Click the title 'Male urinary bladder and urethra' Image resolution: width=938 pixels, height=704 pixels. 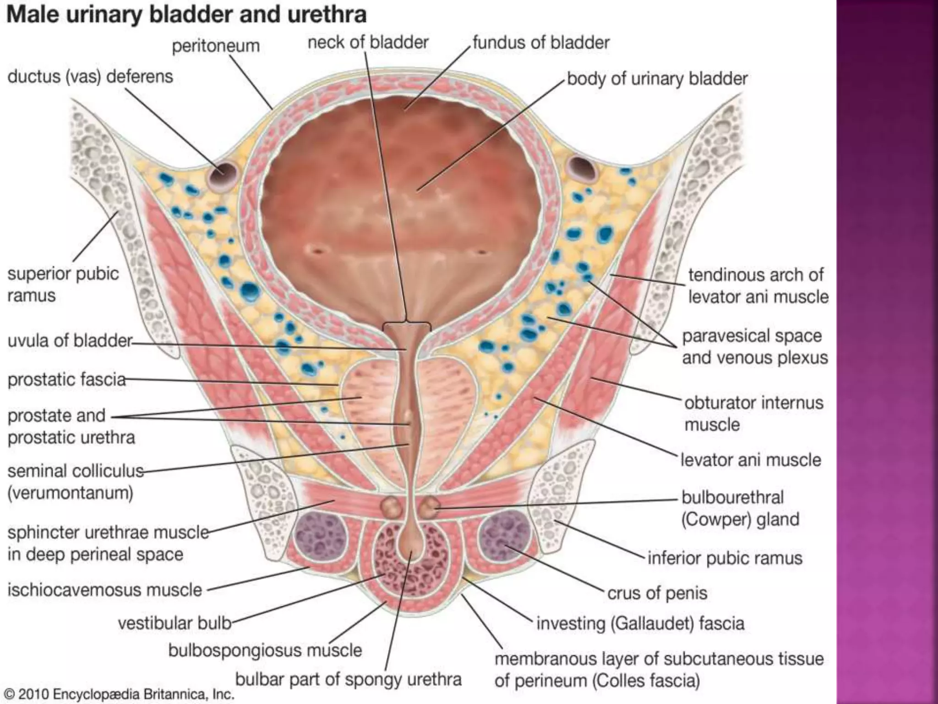[186, 15]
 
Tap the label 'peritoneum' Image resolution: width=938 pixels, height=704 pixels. [216, 46]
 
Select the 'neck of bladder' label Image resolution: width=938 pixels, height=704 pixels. [368, 43]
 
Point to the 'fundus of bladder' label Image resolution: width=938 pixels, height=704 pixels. [541, 43]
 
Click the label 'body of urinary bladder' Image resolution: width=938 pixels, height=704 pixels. [657, 79]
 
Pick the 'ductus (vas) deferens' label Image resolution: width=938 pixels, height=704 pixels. [90, 77]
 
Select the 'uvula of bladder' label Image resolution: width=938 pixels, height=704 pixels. [70, 341]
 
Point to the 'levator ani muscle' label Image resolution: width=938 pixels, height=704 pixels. [751, 460]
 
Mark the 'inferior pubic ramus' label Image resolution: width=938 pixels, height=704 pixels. [725, 558]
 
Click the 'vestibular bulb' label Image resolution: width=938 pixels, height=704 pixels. [175, 623]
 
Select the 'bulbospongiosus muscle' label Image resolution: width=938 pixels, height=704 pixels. [265, 650]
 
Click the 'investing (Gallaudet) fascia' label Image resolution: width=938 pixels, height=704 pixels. [640, 623]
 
